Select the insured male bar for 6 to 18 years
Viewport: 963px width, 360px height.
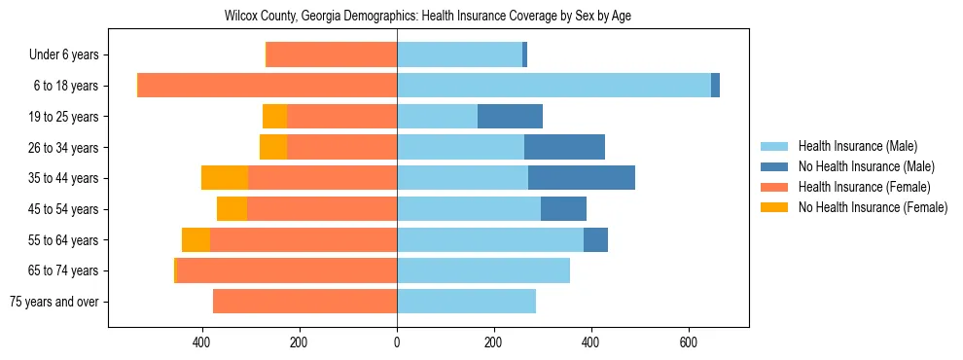(553, 86)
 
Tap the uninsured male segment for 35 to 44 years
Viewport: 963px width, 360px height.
(582, 178)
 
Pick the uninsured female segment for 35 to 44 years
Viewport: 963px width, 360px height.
(225, 178)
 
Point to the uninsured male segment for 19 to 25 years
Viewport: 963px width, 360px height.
(510, 117)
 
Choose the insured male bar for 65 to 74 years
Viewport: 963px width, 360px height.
(483, 270)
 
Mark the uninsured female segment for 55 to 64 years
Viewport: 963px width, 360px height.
(196, 240)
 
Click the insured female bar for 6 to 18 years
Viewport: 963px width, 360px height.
(267, 86)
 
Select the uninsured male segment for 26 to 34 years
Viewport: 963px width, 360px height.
(564, 147)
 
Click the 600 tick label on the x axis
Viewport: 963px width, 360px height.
(688, 342)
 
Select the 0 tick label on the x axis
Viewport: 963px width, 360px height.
(397, 342)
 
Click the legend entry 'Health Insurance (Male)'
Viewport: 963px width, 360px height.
(857, 146)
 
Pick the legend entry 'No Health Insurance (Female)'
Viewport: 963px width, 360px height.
(872, 207)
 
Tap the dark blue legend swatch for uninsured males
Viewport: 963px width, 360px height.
(774, 166)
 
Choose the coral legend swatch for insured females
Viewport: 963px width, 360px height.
(774, 187)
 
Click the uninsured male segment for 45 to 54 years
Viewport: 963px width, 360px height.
(563, 209)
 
